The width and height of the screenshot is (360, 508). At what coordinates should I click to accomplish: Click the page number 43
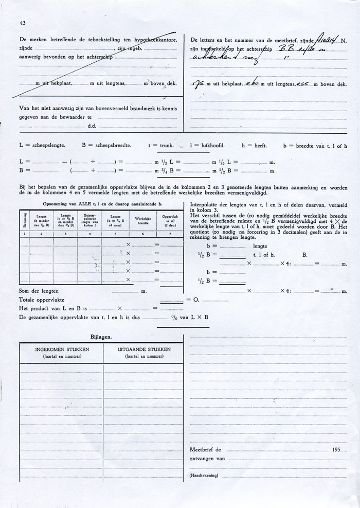[x=23, y=23]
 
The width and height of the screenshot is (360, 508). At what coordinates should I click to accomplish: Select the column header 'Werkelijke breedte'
[x=142, y=220]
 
